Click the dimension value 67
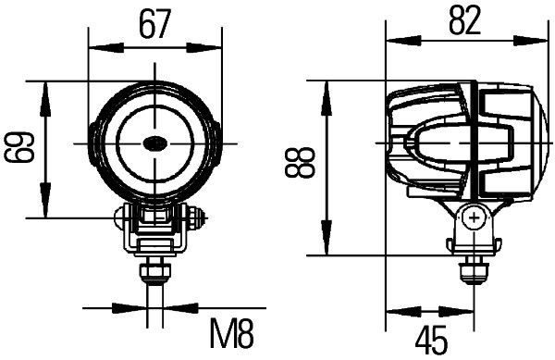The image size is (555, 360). pyautogui.click(x=155, y=23)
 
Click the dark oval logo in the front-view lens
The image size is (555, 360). pyautogui.click(x=154, y=142)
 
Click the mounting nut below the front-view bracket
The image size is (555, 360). pyautogui.click(x=153, y=272)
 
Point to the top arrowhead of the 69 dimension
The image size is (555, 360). pyautogui.click(x=45, y=87)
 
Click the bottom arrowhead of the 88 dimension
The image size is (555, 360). pyautogui.click(x=326, y=248)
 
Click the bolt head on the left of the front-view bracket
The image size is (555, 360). pyautogui.click(x=119, y=219)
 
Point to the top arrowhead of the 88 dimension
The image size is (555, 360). pyautogui.click(x=326, y=87)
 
